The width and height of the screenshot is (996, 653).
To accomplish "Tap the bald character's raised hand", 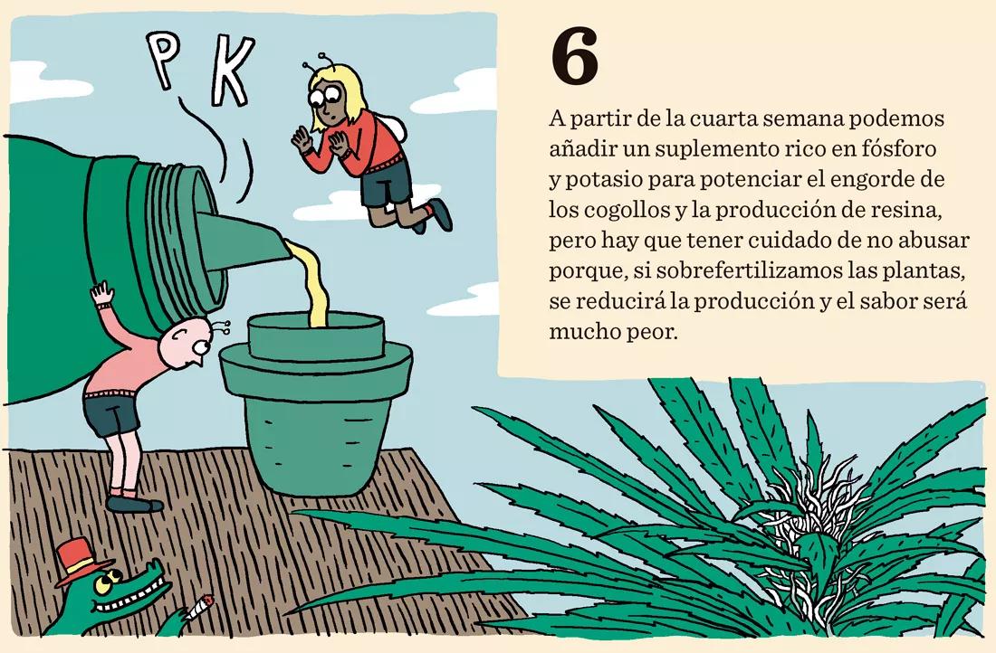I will [x=103, y=294].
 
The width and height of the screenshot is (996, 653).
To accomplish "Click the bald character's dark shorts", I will [x=110, y=412].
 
